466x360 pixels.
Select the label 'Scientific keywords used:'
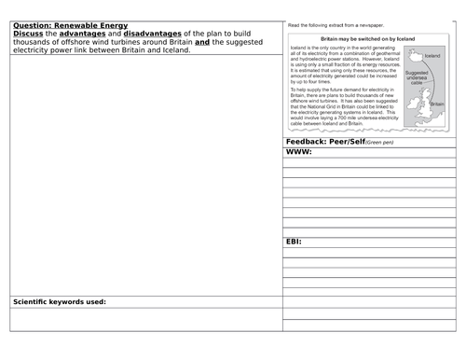coord(60,301)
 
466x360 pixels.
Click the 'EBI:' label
coord(295,241)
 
